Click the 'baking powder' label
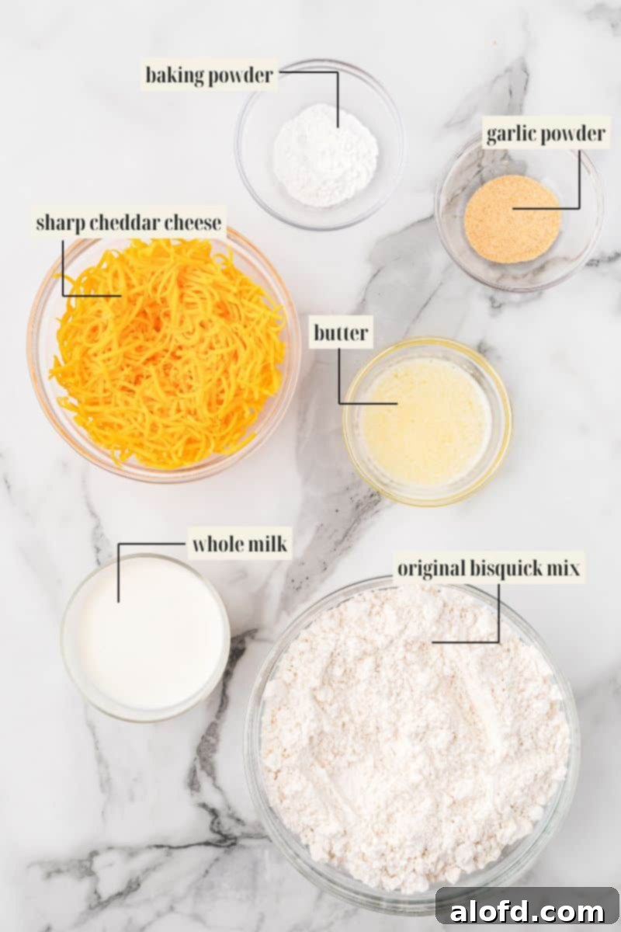point(209,75)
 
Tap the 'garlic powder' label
point(545,134)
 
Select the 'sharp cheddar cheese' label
point(129,222)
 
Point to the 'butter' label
point(341,333)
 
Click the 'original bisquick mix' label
point(488,569)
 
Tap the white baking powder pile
point(325,155)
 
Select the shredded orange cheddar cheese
point(167,353)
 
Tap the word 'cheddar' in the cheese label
point(130,222)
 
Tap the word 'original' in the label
point(429,569)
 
